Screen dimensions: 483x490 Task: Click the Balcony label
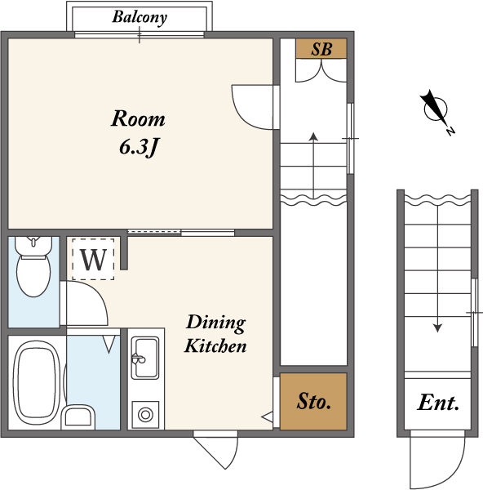click(x=140, y=17)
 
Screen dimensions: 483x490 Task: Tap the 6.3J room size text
click(x=138, y=146)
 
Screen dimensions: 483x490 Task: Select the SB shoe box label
click(x=321, y=49)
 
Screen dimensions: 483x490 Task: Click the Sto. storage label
click(x=313, y=401)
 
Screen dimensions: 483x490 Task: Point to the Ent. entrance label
click(x=438, y=403)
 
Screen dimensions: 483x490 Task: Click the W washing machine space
click(x=93, y=259)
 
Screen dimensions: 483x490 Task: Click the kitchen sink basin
click(x=145, y=358)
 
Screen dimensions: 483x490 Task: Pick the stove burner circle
click(x=145, y=415)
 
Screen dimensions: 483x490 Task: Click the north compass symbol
click(x=436, y=111)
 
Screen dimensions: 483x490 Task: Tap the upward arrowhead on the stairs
click(x=313, y=136)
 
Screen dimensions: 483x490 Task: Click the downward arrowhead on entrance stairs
click(x=438, y=327)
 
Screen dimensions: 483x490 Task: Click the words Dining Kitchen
click(x=215, y=334)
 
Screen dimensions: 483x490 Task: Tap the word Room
click(x=138, y=118)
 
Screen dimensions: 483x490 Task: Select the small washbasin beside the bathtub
click(x=78, y=417)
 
